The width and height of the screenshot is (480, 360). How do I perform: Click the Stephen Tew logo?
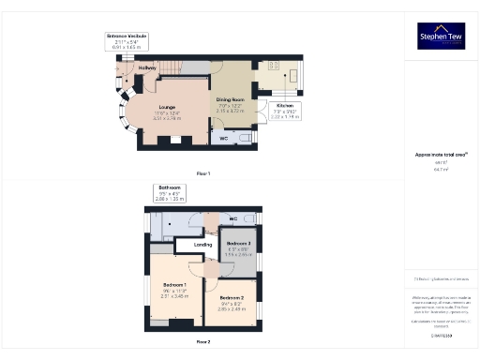pos(441,36)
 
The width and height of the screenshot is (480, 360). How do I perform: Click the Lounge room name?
pos(167,106)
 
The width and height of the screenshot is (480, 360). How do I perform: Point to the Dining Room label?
pos(230,98)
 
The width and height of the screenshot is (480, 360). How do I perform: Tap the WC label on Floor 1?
pos(223,139)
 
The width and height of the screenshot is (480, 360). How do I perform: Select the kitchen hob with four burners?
pos(274,67)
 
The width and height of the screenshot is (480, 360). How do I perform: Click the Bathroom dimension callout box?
pos(169,193)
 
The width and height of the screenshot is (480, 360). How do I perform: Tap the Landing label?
pos(202,245)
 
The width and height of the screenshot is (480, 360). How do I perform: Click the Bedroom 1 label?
pos(174,284)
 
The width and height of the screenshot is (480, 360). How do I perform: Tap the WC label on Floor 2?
pos(232,218)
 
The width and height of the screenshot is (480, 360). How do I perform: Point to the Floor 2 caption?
pos(203,342)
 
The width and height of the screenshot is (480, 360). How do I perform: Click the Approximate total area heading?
pos(441,155)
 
